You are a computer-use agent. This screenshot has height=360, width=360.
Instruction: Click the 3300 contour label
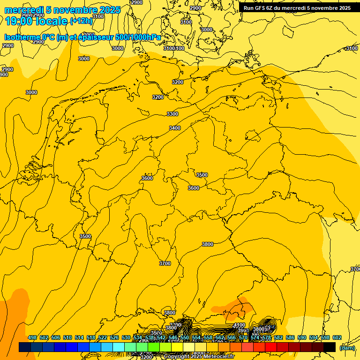[172, 114]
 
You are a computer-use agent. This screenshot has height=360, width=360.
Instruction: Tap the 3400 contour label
[175, 128]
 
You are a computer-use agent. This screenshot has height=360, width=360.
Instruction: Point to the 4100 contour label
[239, 325]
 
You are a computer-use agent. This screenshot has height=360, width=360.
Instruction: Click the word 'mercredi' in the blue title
[22, 10]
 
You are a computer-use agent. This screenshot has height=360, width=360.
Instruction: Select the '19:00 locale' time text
[36, 21]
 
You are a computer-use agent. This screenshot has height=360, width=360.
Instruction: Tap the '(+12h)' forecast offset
[81, 21]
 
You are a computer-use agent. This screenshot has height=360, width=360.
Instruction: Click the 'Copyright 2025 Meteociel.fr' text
[199, 356]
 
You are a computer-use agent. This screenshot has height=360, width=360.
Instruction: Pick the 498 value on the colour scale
[32, 338]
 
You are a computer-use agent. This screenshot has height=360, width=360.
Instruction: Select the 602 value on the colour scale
[337, 338]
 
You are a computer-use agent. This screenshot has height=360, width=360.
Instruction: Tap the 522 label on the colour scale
[103, 338]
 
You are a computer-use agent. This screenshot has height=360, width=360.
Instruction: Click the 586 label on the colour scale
[290, 338]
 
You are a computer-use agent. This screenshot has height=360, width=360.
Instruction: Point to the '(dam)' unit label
[346, 348]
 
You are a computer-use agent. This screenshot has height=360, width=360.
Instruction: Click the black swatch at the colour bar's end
[330, 347]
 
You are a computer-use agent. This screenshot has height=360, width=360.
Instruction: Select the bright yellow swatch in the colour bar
[177, 347]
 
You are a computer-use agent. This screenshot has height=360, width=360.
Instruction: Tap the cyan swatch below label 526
[119, 347]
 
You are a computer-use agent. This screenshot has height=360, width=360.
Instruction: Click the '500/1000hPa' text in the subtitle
[139, 37]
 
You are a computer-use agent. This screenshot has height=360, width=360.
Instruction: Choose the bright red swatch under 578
[271, 347]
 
